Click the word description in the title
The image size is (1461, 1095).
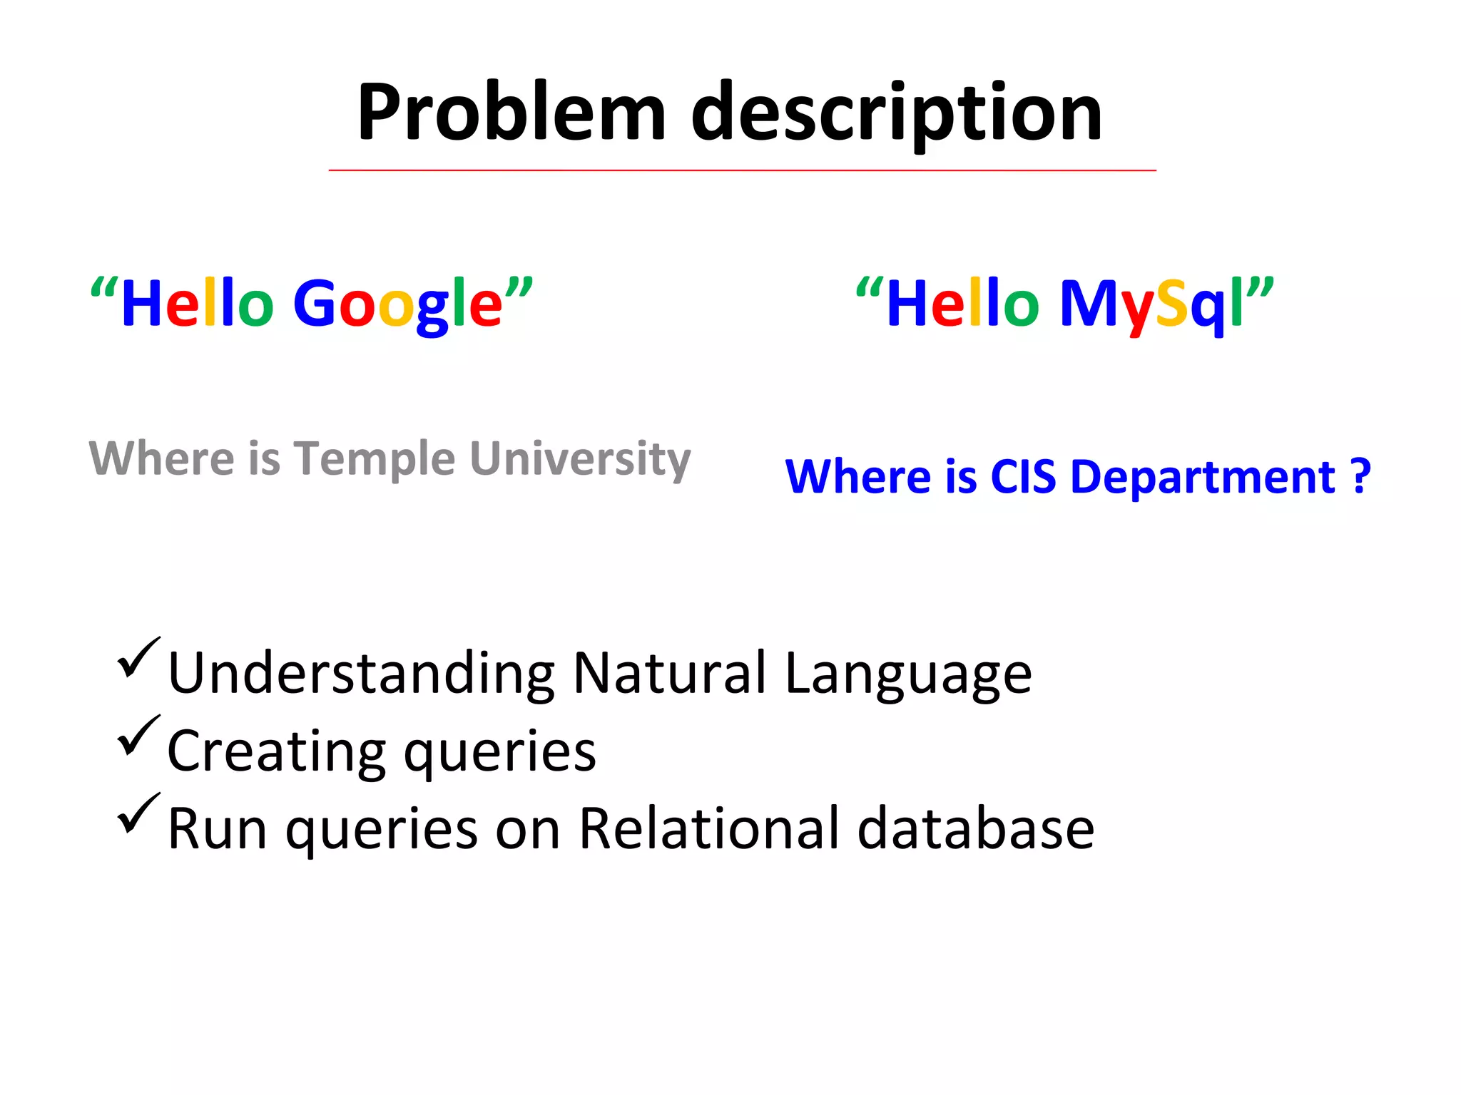897,114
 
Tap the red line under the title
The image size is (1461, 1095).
742,170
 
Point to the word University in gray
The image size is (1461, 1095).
580,459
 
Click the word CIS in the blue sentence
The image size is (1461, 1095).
1022,476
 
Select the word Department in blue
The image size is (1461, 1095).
1203,477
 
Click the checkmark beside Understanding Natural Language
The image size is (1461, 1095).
137,657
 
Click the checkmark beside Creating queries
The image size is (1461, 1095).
137,735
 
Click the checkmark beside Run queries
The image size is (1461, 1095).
137,813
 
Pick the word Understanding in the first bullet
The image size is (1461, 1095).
361,674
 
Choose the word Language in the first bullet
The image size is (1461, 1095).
907,674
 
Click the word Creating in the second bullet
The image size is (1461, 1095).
275,751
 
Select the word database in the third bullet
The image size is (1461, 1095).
975,828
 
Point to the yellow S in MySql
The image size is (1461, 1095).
1171,304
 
